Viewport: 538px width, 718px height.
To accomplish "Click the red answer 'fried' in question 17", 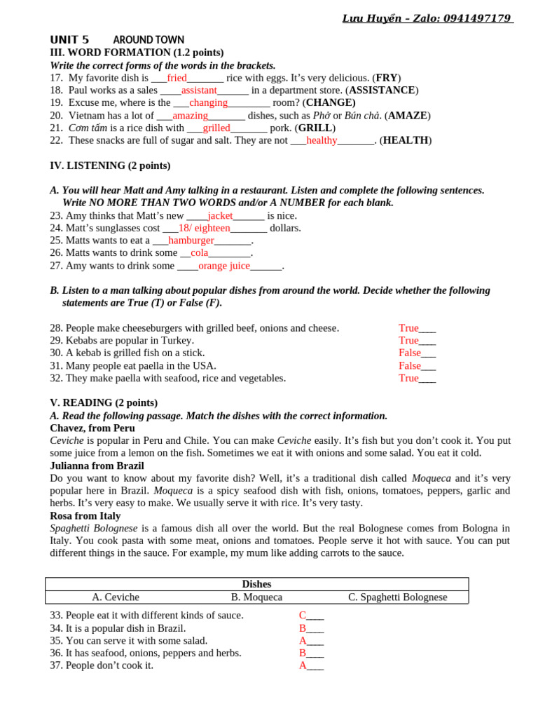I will tap(177, 78).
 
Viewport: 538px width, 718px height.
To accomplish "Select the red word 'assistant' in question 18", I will tap(199, 90).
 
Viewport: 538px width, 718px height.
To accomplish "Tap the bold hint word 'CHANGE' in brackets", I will tap(331, 103).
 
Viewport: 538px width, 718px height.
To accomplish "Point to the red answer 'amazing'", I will tap(190, 116).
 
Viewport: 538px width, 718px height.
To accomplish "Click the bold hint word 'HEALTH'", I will tap(406, 140).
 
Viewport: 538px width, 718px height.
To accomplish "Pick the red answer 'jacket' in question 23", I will tap(220, 216).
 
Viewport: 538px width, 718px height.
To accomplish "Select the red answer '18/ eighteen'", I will tap(204, 229).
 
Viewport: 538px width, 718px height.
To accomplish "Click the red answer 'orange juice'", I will tap(223, 266).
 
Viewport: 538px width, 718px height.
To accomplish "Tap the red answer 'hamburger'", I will tap(191, 241).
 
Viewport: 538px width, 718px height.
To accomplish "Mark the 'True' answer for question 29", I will tap(408, 341).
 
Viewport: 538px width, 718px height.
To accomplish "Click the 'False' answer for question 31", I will tap(410, 366).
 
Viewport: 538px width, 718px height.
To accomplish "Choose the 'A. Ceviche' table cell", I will tap(116, 597).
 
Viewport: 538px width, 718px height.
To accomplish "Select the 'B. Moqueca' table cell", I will tap(256, 597).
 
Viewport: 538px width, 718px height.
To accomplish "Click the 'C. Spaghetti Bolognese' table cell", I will tap(397, 597).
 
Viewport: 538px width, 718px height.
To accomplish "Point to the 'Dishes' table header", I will tap(256, 584).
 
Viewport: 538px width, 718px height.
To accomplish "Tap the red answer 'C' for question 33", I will tap(303, 616).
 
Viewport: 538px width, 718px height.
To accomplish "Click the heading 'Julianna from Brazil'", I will tap(97, 466).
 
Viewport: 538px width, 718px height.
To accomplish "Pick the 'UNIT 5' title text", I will tap(69, 40).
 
